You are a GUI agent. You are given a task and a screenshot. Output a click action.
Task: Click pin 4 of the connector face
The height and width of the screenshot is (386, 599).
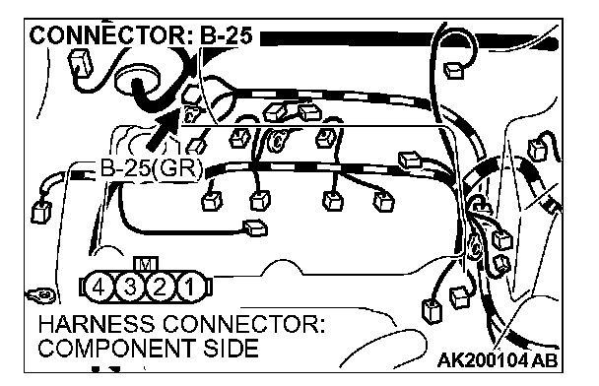coord(99,288)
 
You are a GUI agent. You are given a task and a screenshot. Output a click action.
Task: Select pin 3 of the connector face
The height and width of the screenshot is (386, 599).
coord(129,288)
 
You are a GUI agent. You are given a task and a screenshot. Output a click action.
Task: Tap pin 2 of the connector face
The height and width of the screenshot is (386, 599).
coord(159,288)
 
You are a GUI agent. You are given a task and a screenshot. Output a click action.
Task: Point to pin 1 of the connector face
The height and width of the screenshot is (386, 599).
coord(189,288)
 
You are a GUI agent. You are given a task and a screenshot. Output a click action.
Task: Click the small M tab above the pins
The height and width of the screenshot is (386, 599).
coord(147,264)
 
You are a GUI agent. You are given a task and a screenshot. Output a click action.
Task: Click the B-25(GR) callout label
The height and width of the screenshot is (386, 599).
coord(151,168)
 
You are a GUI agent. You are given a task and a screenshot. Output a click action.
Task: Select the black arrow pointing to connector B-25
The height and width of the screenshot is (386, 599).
coord(163,129)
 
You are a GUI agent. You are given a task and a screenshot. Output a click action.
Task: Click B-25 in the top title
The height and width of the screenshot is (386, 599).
coord(226,36)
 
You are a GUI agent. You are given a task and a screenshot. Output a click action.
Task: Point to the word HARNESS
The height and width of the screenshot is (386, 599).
coord(97,325)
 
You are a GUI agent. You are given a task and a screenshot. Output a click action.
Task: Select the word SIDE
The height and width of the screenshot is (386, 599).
coord(231,349)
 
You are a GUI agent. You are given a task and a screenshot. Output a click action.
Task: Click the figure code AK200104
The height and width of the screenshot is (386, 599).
coord(483,360)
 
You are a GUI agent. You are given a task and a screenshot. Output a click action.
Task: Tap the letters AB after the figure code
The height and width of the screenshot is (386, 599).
coord(544,360)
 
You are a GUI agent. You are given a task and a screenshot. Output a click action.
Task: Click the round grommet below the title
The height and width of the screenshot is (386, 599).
coord(138,82)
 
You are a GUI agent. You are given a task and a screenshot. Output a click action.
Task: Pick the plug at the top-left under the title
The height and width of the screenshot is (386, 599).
coord(81,64)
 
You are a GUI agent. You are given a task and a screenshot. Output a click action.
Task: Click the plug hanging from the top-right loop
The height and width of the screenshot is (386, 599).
coord(454,70)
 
